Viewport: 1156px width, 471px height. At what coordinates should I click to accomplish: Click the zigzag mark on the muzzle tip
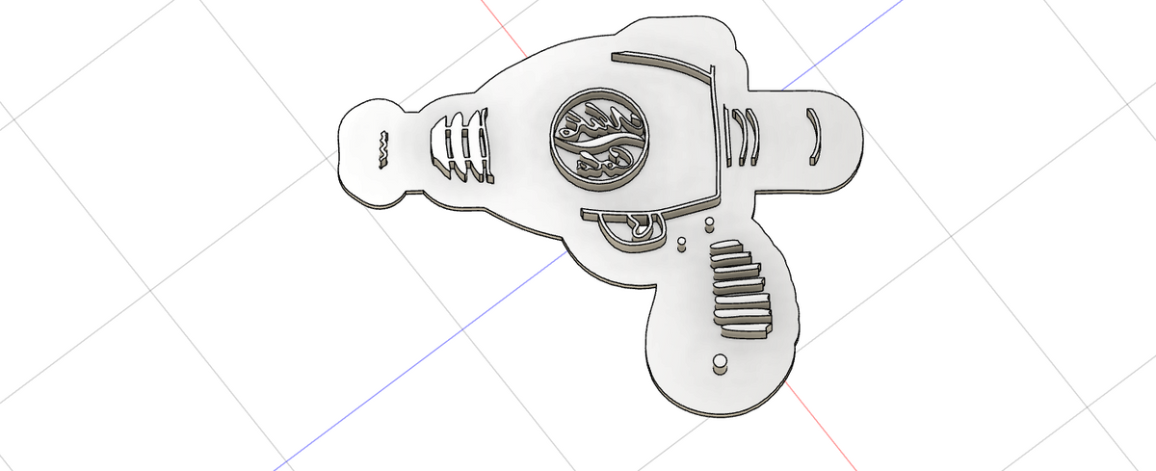coord(381,147)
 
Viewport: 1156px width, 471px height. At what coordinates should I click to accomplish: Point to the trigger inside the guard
coord(639,227)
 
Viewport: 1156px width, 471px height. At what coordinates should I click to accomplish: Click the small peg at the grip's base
coord(718,363)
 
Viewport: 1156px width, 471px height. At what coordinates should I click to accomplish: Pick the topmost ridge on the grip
coord(729,250)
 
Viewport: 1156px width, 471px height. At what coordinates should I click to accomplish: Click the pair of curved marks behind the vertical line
coord(745,134)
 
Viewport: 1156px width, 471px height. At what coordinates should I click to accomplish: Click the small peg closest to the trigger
coord(681,241)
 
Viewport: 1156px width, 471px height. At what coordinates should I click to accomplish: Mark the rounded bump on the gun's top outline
coord(674,29)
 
